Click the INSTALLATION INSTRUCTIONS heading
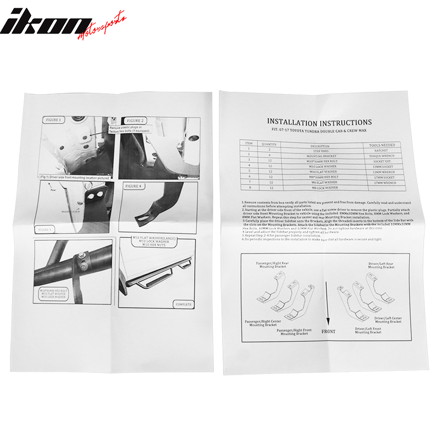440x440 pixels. (x=319, y=122)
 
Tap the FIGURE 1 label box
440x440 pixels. (x=53, y=119)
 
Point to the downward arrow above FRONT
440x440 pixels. (x=328, y=305)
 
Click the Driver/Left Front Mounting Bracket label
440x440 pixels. (x=368, y=331)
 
